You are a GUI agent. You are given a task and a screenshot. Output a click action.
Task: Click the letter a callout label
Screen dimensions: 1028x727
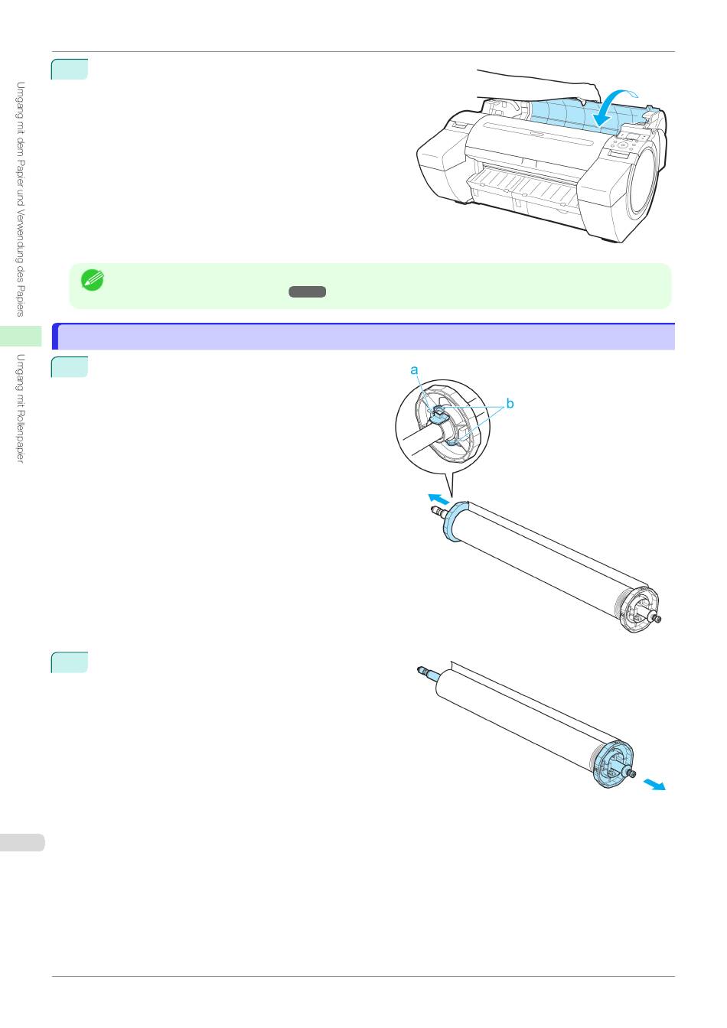pos(415,370)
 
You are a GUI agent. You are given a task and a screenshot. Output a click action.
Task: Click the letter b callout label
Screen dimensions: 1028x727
pos(510,403)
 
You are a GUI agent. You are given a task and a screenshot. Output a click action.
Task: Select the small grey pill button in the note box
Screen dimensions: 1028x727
pos(308,291)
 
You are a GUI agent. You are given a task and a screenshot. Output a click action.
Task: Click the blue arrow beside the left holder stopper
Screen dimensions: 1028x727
pos(438,499)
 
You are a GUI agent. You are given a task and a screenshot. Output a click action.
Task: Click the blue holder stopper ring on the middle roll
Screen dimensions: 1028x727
pos(453,522)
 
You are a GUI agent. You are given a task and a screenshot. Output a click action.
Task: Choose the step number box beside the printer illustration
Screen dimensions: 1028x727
pos(70,70)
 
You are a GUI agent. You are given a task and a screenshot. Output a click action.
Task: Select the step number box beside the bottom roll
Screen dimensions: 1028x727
pos(70,662)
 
